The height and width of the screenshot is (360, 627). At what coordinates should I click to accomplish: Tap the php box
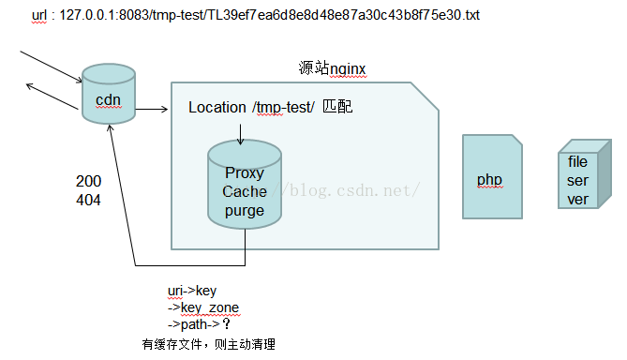pos(490,179)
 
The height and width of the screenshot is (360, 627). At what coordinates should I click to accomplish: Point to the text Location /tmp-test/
pos(251,108)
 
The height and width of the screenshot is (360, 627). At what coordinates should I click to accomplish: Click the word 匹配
pos(336,108)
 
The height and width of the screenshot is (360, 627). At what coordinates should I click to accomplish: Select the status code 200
pos(89,181)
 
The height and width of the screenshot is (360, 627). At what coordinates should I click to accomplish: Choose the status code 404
pos(89,200)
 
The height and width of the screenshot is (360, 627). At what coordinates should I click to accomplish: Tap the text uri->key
pos(191,291)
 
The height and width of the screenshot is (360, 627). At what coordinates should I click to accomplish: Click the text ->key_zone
pos(202,307)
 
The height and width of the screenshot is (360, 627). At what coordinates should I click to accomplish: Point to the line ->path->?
pos(199,324)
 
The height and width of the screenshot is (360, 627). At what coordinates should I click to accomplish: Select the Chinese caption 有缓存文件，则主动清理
pos(208,344)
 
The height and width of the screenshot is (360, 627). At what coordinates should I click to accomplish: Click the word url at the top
pos(40,17)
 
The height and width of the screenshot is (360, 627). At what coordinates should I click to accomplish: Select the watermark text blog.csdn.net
pos(356,190)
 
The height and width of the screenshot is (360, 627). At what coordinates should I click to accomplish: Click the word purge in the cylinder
pos(245,211)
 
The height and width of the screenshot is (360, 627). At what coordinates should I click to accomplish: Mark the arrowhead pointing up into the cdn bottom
pos(110,127)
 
